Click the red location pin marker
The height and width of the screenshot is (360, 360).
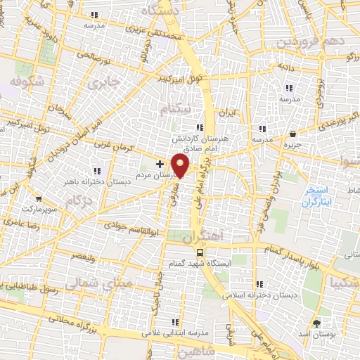pyautogui.click(x=181, y=166)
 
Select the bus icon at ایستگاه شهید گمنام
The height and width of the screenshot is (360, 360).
pyautogui.click(x=200, y=252)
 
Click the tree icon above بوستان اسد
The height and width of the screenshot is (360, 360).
pyautogui.click(x=316, y=323)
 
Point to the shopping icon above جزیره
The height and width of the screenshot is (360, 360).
pyautogui.click(x=293, y=134)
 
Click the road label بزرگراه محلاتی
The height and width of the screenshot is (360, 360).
pyautogui.click(x=50, y=316)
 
